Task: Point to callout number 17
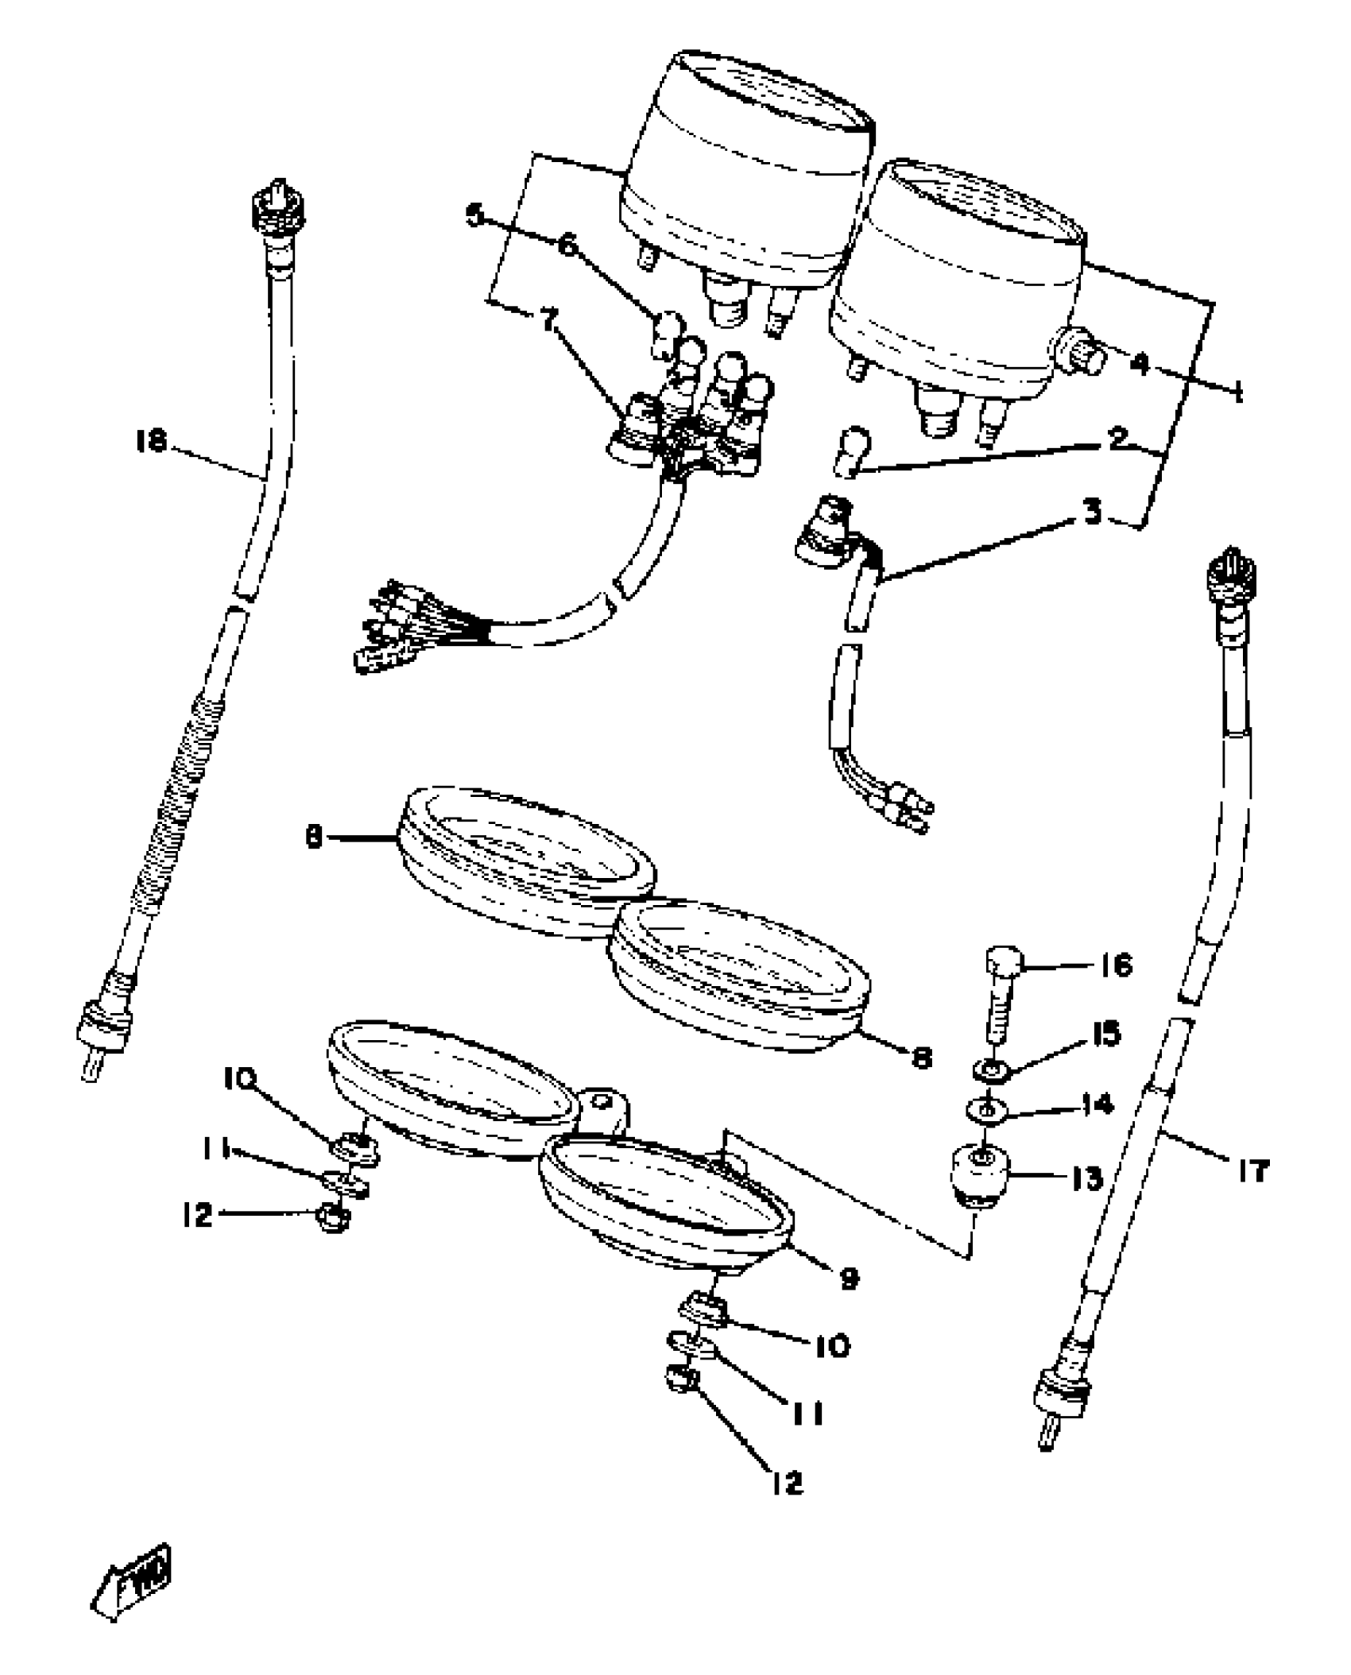[1252, 1170]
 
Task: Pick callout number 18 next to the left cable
[151, 441]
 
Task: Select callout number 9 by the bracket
[849, 1278]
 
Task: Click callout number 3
[1094, 513]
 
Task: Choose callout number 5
[474, 215]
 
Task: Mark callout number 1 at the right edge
[1238, 391]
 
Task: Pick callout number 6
[567, 246]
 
